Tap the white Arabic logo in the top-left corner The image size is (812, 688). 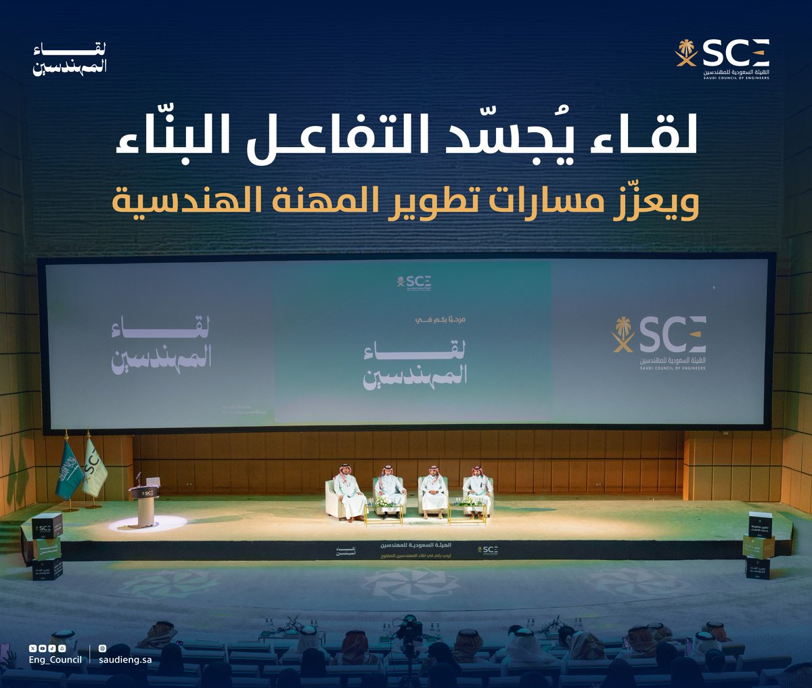click(x=70, y=59)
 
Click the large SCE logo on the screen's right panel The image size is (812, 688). click(x=660, y=342)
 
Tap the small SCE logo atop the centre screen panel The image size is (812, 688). click(x=414, y=282)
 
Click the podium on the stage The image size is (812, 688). click(x=144, y=504)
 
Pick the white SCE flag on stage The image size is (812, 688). click(x=94, y=467)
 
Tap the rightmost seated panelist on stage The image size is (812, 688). click(x=478, y=491)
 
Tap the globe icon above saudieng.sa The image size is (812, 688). click(x=102, y=649)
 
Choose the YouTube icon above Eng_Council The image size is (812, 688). click(x=43, y=649)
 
